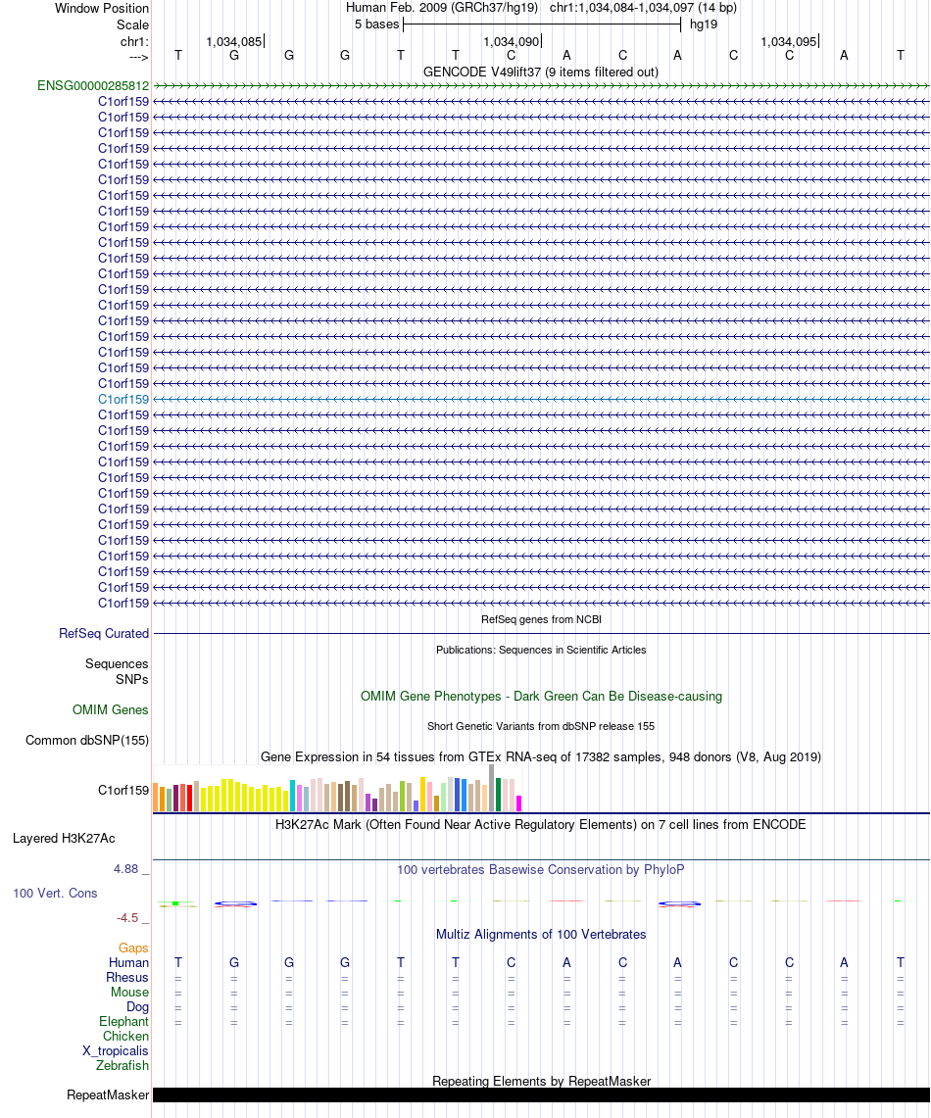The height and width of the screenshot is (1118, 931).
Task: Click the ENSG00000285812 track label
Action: coord(93,85)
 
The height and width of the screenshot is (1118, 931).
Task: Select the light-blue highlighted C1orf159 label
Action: coord(123,400)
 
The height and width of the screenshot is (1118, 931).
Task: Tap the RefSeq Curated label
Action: coord(104,634)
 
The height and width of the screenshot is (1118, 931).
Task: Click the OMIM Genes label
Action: coord(111,710)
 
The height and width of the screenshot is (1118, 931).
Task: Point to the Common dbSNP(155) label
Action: coord(87,741)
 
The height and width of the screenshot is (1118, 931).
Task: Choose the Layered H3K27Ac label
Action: coord(64,839)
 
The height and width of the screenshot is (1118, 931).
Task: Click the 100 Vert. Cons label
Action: coord(56,894)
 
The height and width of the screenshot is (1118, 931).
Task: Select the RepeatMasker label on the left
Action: coord(108,1094)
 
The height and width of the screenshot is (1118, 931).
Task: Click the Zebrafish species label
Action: coord(122,1066)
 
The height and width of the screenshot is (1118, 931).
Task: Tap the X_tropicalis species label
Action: coord(116,1051)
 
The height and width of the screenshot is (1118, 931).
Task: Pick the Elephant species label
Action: coord(123,1022)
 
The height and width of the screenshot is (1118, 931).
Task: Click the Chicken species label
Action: coord(125,1037)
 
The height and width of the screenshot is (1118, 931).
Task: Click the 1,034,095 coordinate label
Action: coord(788,42)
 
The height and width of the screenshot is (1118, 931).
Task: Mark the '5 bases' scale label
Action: coord(376,24)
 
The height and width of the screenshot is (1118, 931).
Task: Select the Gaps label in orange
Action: coord(133,948)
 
